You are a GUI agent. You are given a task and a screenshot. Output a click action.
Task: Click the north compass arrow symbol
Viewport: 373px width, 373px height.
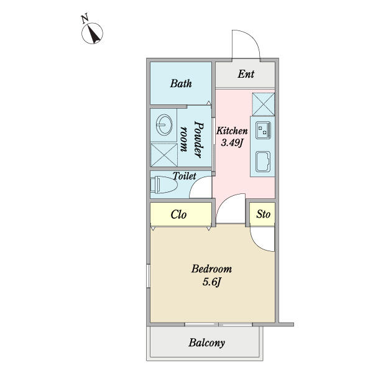click(x=93, y=34)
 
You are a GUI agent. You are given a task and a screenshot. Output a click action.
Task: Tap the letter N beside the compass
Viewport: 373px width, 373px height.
click(x=85, y=19)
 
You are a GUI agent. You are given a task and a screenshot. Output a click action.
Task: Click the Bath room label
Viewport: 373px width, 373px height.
click(x=181, y=83)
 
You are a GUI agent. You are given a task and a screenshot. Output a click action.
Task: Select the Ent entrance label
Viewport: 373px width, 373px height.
click(x=246, y=74)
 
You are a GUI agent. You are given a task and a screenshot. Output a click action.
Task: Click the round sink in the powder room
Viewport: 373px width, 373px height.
click(x=164, y=124)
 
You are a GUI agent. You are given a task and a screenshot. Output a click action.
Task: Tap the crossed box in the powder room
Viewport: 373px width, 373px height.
click(x=164, y=155)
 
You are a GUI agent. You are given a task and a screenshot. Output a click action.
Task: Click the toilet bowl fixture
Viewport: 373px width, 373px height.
click(x=163, y=185)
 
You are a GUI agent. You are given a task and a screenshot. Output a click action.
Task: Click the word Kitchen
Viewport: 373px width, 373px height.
click(x=232, y=131)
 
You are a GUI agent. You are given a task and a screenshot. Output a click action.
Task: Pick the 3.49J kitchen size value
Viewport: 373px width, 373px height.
click(x=232, y=143)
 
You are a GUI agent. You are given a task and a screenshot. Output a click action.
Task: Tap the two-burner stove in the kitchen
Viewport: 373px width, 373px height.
click(x=263, y=130)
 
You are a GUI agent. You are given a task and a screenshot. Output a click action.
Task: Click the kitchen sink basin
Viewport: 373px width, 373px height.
click(x=263, y=161)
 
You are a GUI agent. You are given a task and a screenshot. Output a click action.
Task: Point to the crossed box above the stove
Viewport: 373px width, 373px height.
click(x=264, y=104)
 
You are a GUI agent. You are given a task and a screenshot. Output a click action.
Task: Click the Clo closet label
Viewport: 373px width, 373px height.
click(x=178, y=214)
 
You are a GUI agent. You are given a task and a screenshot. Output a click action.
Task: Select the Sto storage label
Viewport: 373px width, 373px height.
click(x=263, y=214)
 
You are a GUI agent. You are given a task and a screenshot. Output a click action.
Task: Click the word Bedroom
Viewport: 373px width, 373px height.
click(x=211, y=269)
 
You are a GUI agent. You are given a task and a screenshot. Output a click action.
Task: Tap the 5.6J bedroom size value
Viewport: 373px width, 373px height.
click(x=212, y=282)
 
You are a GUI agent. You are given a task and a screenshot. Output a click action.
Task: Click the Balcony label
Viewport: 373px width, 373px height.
click(x=206, y=343)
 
